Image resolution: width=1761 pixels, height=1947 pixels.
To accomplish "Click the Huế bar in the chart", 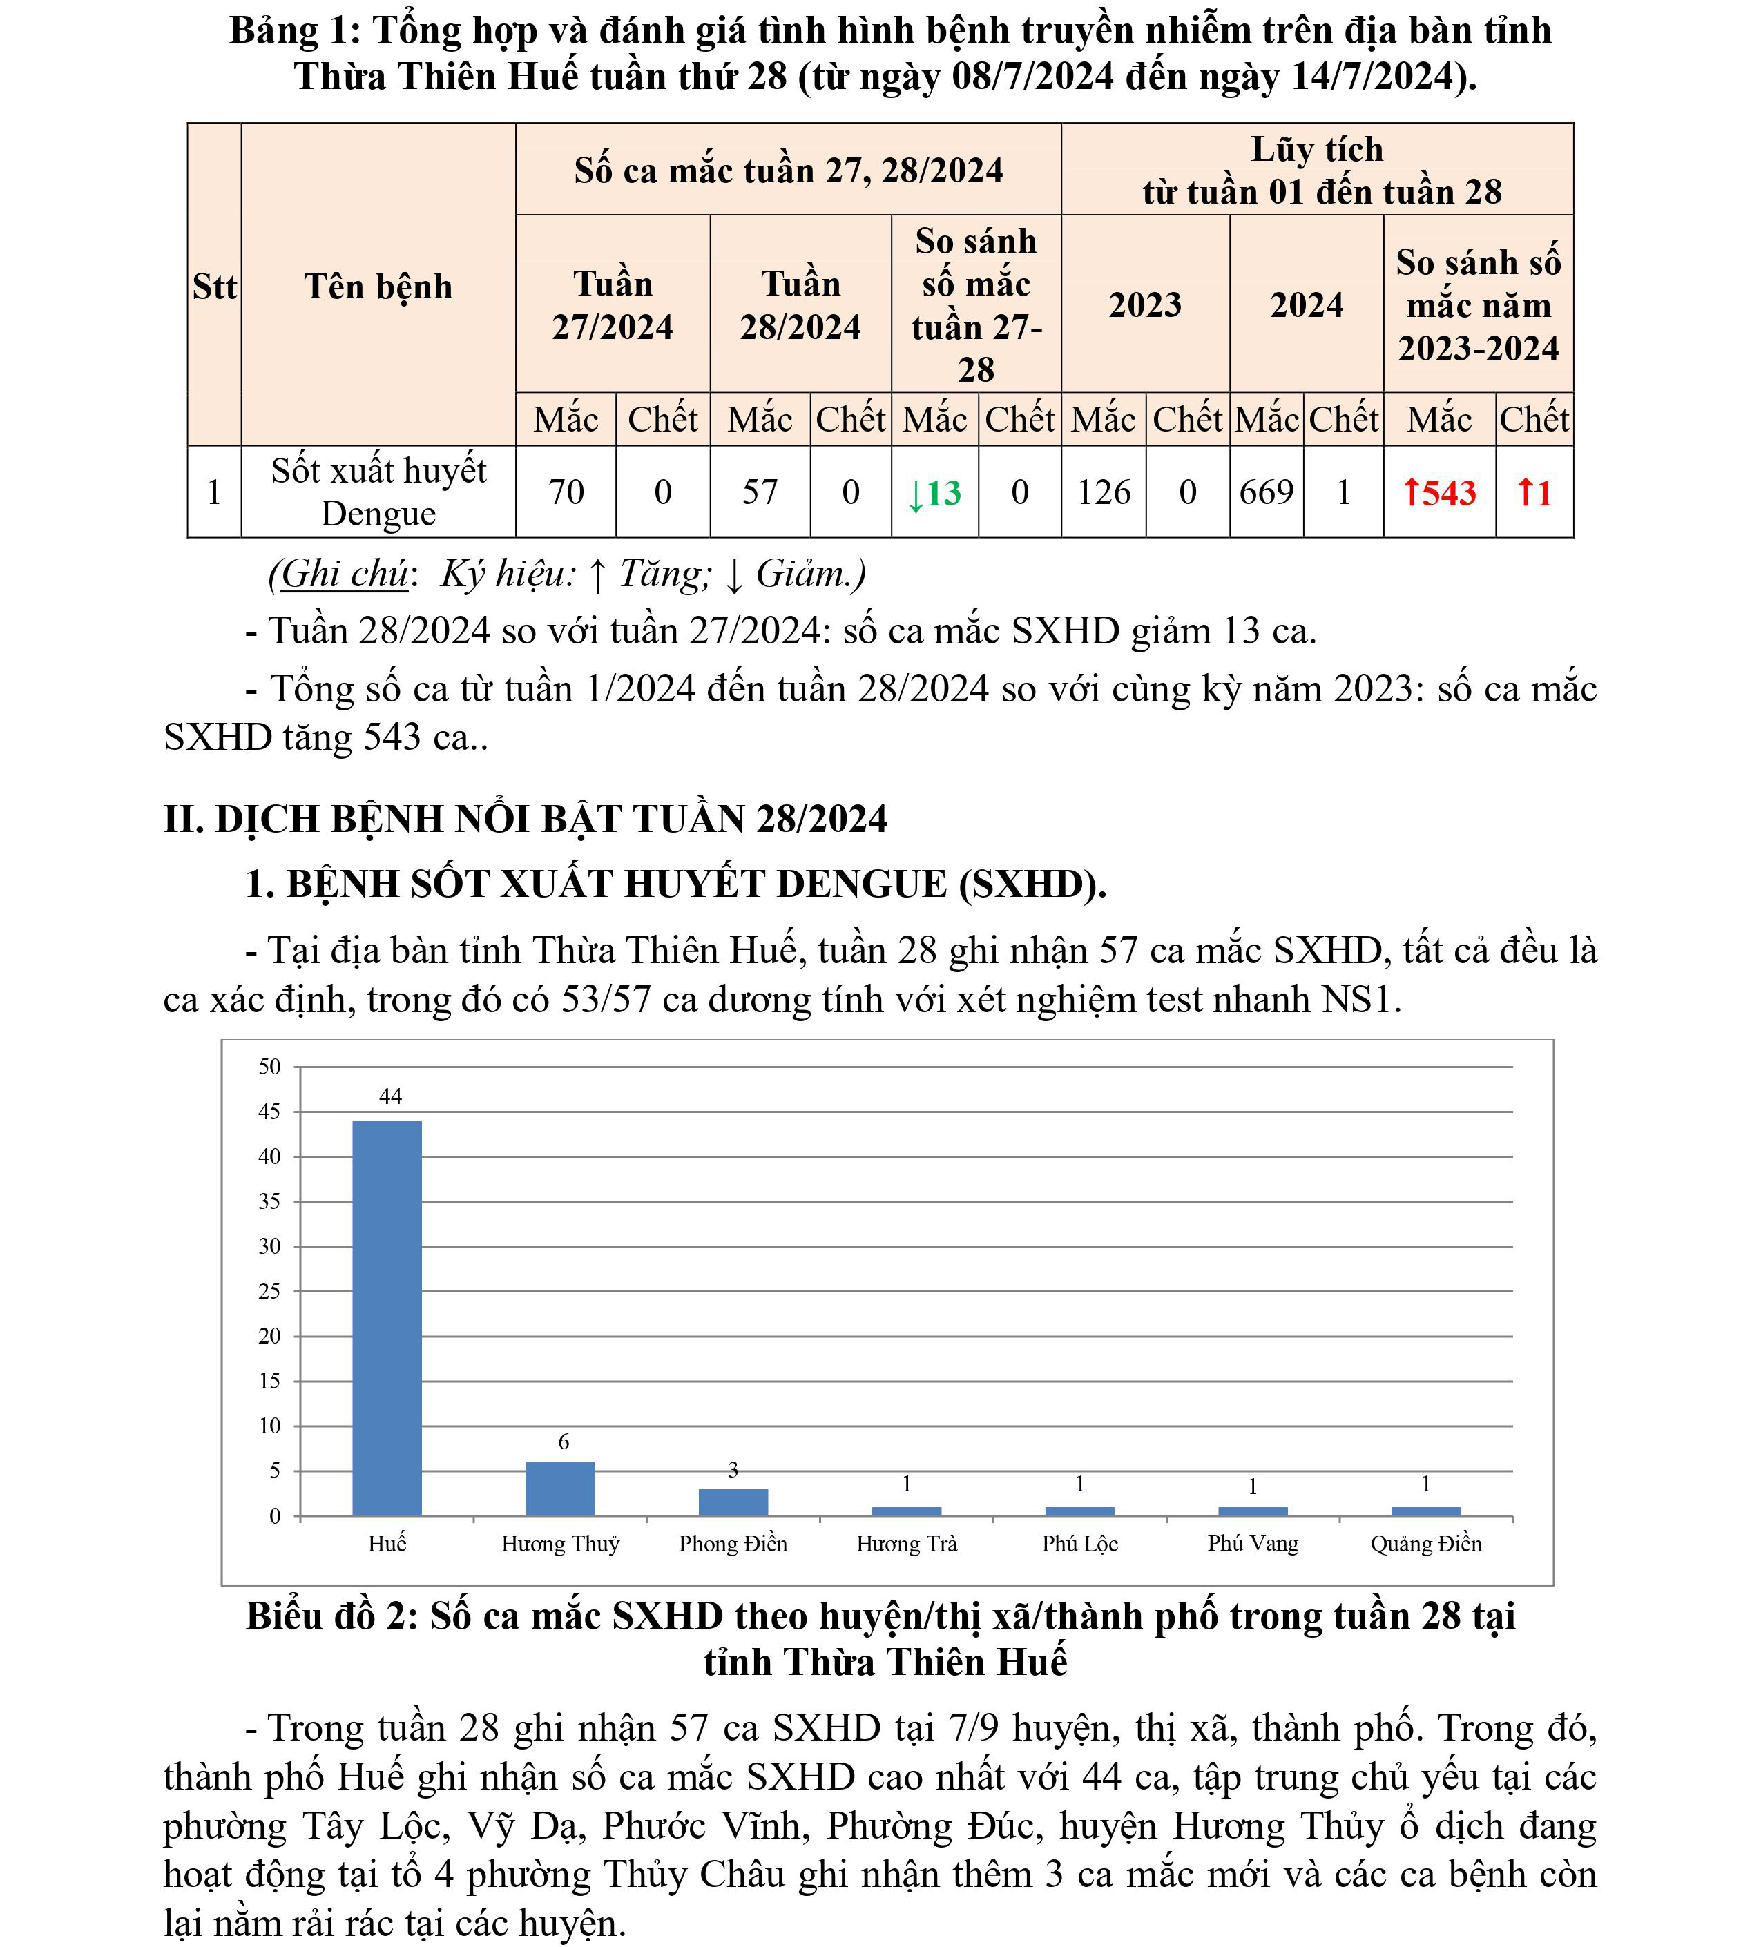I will click(x=387, y=1317).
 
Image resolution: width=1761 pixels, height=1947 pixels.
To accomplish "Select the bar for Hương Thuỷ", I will click(x=560, y=1489).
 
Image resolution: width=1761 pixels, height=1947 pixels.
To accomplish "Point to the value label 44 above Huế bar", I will click(x=390, y=1096).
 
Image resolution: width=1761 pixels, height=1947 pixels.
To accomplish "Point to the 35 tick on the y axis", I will click(x=269, y=1201).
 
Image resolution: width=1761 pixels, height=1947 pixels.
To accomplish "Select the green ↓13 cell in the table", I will click(x=934, y=492).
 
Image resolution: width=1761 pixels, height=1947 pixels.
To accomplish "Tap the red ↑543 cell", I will click(x=1439, y=492).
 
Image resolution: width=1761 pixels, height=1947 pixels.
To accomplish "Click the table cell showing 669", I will click(x=1267, y=492).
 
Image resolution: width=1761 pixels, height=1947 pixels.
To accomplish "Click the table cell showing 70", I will click(x=566, y=492).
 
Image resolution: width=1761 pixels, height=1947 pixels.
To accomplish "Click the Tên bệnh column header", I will click(x=378, y=287).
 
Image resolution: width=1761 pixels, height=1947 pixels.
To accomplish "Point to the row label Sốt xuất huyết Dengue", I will click(x=378, y=492).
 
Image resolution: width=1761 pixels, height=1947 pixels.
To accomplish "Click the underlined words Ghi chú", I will click(x=345, y=574).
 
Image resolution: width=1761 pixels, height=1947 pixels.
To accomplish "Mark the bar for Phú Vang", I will click(x=1253, y=1511).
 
